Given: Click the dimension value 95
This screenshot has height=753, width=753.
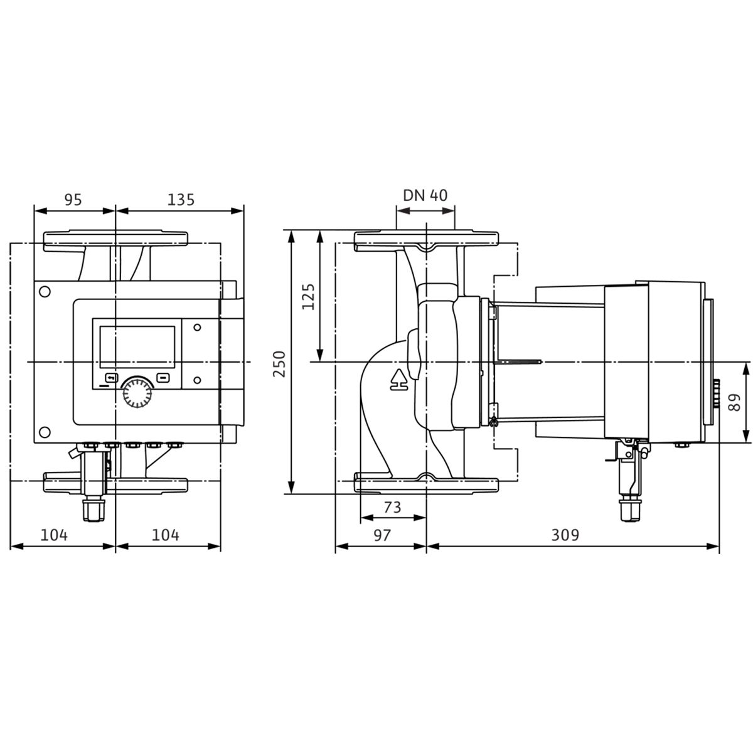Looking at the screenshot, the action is (73, 200).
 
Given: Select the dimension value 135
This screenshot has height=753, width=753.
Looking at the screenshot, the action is (181, 200).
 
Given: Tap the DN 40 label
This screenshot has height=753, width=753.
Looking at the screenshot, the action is (425, 195).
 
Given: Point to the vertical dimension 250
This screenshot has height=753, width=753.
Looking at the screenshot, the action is (279, 364).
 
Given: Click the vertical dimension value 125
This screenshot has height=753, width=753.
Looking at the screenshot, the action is (308, 297).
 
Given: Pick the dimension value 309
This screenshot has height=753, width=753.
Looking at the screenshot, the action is (565, 535).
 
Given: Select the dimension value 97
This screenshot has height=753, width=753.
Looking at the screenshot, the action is (382, 535).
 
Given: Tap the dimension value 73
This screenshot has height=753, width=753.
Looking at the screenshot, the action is (392, 507).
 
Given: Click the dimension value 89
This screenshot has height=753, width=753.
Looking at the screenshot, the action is (735, 402).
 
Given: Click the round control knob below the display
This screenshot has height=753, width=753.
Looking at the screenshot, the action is (137, 393).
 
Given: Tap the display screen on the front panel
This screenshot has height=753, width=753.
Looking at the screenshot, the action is (137, 346).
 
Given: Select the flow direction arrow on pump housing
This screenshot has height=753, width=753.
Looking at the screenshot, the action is (399, 380).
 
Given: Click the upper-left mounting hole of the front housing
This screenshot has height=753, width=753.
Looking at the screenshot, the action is (45, 292).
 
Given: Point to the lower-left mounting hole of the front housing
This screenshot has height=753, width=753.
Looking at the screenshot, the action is (45, 432).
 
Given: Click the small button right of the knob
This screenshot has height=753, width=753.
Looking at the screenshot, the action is (163, 378).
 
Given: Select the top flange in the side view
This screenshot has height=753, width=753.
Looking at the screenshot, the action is (426, 241).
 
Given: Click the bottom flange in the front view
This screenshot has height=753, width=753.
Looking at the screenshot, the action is (115, 483).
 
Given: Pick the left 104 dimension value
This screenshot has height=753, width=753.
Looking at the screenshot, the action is (55, 535).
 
